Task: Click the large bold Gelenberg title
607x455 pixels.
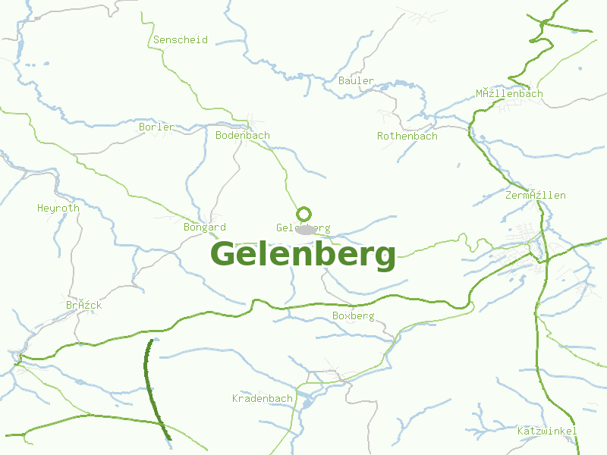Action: [303, 254]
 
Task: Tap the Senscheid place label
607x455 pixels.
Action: [181, 39]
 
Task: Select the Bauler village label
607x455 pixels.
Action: [356, 80]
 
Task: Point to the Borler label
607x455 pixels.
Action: [156, 127]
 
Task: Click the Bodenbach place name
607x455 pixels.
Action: [243, 135]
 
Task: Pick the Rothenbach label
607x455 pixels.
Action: [407, 136]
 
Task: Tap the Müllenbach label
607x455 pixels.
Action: [509, 93]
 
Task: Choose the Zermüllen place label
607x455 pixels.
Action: [536, 195]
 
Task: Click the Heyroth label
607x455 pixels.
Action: [58, 208]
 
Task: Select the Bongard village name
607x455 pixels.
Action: [205, 227]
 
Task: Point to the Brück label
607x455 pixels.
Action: [83, 305]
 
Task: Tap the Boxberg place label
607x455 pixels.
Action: [354, 315]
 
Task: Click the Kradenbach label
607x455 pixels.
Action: [263, 398]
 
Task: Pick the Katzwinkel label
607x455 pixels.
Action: [547, 431]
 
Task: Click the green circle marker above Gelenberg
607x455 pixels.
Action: [304, 214]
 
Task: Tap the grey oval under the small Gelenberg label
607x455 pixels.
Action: [306, 230]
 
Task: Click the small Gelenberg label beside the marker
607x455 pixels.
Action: [303, 227]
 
